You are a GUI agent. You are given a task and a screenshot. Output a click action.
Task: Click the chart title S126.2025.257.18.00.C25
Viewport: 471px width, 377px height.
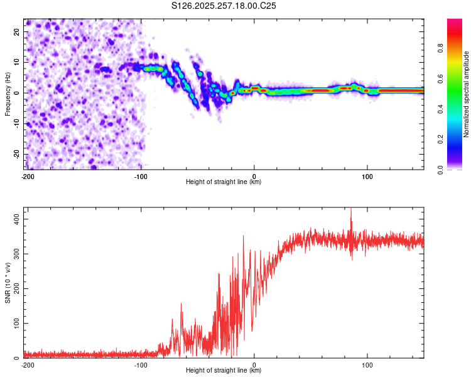point(224,6)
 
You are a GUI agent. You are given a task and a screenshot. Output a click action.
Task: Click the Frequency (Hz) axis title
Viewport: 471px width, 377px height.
point(8,94)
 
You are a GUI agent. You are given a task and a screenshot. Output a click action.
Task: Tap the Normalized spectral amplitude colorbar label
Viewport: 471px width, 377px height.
point(467,94)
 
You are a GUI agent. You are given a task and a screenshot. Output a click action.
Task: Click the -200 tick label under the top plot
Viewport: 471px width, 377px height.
point(28,176)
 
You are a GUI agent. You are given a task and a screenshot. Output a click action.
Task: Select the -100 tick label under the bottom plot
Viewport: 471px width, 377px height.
point(141,364)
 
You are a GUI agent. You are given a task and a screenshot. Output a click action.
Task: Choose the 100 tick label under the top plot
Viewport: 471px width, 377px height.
point(367,176)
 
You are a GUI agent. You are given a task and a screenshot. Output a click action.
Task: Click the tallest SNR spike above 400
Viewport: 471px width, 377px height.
point(351,210)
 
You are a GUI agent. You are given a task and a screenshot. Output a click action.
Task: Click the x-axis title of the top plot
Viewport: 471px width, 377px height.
point(224,182)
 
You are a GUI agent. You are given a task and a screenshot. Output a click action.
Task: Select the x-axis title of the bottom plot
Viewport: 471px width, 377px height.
point(224,370)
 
